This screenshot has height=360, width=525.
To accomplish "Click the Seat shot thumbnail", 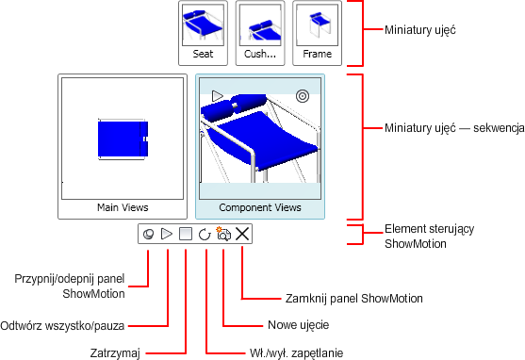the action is click(203, 33).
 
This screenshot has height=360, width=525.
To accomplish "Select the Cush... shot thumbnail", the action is click(260, 33).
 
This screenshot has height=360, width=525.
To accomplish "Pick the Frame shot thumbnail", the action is click(317, 33).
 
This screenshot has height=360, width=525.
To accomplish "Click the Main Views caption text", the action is click(123, 207).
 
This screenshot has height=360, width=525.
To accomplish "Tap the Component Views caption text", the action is click(260, 207).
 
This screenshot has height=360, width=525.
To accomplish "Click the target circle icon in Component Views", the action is click(303, 96).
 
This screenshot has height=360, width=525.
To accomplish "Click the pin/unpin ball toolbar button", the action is click(148, 234).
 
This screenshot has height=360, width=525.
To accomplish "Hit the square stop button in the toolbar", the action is click(186, 234).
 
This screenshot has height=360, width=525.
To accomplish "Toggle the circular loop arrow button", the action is click(205, 235).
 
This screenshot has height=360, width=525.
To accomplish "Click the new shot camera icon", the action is click(223, 234).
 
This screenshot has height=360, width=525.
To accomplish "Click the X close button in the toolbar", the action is click(242, 234).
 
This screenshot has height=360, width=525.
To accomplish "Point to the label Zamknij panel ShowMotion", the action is click(353, 299).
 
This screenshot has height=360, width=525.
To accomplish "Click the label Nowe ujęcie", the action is click(299, 325).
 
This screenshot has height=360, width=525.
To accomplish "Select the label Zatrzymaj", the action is click(115, 353).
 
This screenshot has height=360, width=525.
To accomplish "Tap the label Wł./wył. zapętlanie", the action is click(296, 353).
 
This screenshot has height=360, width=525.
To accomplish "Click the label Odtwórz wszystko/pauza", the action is click(62, 325).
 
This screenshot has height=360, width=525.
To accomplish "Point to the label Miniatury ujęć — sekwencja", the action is click(454, 128).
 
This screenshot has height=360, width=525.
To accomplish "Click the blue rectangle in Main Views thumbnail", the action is click(123, 139).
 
